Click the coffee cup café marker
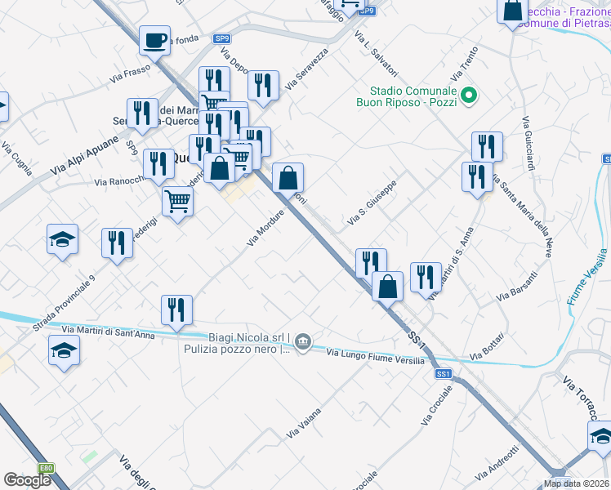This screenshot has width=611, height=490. click(154, 39)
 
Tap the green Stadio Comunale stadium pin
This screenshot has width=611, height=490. click(469, 96)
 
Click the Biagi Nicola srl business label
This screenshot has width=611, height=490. click(244, 338)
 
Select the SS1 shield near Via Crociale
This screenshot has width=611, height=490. click(444, 373)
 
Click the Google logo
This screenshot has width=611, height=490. click(27, 480)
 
